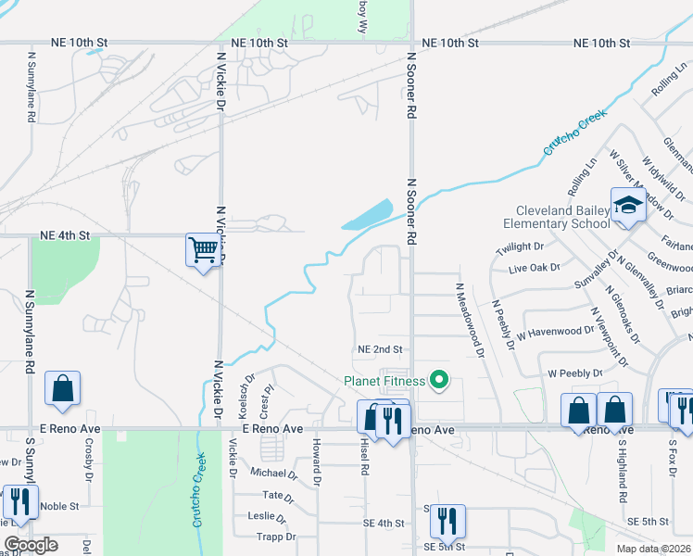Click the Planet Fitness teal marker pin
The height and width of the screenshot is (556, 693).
[439, 380]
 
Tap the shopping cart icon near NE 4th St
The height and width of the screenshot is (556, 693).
[203, 248]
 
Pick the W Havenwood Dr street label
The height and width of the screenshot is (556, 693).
[555, 331]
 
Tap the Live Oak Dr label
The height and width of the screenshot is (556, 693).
[535, 268]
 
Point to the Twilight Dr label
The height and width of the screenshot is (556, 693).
[520, 247]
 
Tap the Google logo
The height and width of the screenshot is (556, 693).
[31, 545]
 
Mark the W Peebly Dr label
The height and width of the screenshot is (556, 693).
[574, 373]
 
